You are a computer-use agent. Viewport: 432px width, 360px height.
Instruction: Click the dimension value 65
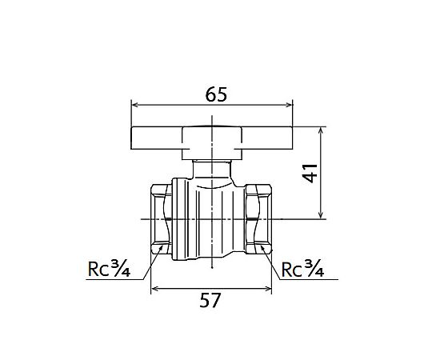pos(216,94)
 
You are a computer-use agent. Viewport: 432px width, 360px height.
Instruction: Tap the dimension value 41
pos(310,174)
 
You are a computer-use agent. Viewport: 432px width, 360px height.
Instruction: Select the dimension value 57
pos(210,300)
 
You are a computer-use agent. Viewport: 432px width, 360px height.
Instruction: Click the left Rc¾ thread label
pos(109,269)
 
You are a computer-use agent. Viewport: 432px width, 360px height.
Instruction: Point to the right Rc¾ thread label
pos(302,269)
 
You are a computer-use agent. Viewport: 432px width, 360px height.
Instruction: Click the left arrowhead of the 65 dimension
pos(134,105)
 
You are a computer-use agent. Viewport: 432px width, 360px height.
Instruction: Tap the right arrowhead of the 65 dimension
pos(290,105)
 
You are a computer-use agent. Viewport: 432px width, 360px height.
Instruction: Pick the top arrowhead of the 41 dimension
pos(321,130)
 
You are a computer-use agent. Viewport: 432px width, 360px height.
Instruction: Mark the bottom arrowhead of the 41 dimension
pos(321,216)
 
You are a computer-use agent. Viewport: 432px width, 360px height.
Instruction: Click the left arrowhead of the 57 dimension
pos(154,289)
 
